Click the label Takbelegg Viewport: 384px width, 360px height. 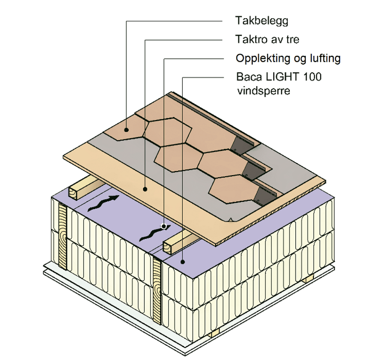pos(261,21)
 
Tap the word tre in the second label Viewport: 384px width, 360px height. pos(292,39)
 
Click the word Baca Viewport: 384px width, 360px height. pos(249,77)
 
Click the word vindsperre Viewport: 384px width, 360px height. pos(263,91)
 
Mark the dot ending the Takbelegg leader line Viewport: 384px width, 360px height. pos(127,130)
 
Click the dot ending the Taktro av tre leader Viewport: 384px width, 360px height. pos(145,189)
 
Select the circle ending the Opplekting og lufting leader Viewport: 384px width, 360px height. pos(163,225)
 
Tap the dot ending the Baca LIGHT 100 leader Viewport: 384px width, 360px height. pos(182,262)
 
